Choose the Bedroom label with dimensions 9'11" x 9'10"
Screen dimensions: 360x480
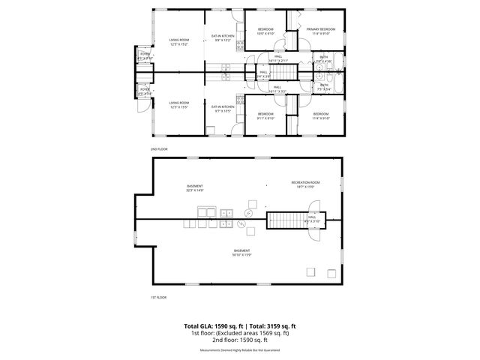point(265,115)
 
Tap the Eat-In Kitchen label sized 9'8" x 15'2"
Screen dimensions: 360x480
point(223,38)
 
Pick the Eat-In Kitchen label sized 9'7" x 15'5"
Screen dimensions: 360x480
point(223,109)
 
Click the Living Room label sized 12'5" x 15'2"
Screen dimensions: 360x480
point(178,42)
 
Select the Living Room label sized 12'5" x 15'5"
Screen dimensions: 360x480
point(178,104)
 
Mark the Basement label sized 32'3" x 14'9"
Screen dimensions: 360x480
point(196,187)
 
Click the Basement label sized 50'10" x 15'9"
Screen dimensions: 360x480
point(241,252)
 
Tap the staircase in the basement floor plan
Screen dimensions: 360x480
point(283,220)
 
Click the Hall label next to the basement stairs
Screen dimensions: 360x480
point(312,220)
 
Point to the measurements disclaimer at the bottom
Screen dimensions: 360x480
point(240,349)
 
